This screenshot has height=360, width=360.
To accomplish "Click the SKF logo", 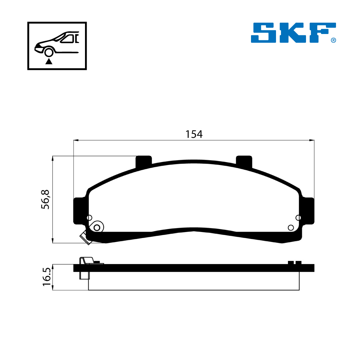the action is pos(293,33).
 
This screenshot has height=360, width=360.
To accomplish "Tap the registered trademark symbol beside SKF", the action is pos(333,40).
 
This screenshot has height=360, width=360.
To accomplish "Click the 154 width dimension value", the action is pos(194,134).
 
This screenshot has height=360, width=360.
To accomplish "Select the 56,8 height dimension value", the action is pos(45,199).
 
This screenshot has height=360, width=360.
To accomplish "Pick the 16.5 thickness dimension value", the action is pos(47,277).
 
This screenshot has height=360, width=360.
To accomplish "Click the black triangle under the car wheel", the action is pos(49,61).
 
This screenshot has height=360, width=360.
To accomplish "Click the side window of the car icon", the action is pos(67,39).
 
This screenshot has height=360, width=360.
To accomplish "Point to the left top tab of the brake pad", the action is pos(144,162).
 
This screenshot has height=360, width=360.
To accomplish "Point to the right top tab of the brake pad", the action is pos(244,162).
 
